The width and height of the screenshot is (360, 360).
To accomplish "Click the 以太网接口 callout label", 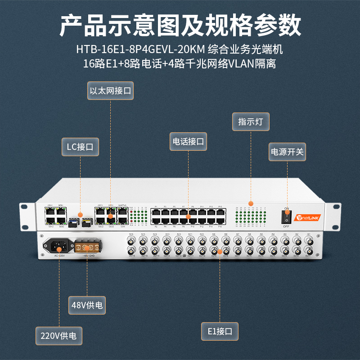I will (x=111, y=90).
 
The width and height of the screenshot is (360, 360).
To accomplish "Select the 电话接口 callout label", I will (x=188, y=141).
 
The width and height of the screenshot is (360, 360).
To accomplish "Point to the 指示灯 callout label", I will (x=251, y=121).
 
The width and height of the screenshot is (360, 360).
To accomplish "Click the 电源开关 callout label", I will (x=287, y=152).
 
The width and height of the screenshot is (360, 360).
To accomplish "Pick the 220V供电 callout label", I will (x=59, y=335).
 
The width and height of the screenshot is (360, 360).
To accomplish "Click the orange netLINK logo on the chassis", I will (x=308, y=218).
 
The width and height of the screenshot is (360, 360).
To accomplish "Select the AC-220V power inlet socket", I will (x=58, y=246).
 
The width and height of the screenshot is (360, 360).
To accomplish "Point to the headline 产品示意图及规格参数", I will (x=180, y=25).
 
